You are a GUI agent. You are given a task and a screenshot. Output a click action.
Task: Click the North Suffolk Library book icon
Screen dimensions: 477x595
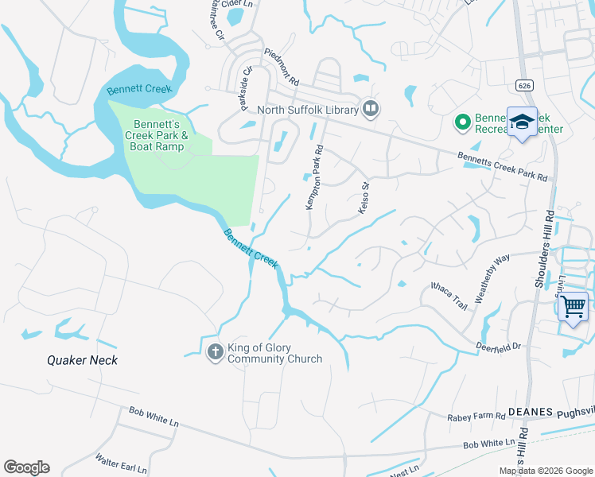click(x=370, y=108)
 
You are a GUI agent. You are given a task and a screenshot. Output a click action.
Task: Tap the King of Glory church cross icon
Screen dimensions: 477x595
click(x=215, y=351)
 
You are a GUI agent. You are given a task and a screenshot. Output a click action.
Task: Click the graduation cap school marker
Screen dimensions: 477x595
click(x=522, y=122)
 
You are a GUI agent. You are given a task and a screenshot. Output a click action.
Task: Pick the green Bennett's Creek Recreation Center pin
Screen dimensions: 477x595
click(x=461, y=122)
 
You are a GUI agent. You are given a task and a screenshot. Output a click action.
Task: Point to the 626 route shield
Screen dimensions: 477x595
click(x=523, y=84)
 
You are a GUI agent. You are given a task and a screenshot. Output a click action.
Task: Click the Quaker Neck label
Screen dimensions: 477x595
click(x=82, y=360)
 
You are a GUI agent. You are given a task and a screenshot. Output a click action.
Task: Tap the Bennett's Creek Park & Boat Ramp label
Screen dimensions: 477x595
click(x=161, y=135)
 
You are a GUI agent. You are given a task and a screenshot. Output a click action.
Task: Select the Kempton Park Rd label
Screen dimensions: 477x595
click(x=315, y=177)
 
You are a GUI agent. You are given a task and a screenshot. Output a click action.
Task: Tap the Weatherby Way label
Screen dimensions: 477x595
click(x=492, y=278)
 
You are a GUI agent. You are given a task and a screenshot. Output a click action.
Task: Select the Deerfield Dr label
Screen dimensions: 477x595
click(x=498, y=346)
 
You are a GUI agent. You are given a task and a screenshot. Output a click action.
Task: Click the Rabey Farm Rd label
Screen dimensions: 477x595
click(x=476, y=416)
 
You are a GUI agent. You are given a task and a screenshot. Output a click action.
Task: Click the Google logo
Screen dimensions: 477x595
click(x=26, y=467)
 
